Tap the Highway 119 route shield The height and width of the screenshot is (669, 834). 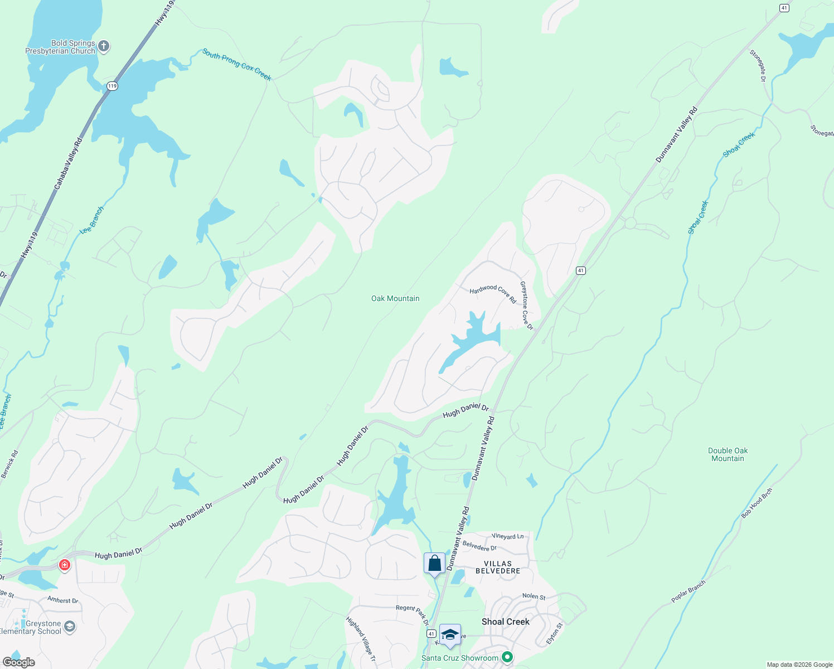(113, 86)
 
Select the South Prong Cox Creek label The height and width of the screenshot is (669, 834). (237, 65)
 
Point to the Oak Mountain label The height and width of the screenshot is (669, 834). (395, 299)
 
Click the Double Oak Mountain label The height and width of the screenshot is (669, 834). (728, 455)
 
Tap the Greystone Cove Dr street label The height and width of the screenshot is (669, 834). (526, 305)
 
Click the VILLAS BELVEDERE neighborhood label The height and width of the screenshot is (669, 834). (498, 568)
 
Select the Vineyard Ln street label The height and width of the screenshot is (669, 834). (508, 536)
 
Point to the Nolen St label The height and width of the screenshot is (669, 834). (534, 597)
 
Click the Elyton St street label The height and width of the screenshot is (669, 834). (555, 634)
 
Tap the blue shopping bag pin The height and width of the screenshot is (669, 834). (434, 564)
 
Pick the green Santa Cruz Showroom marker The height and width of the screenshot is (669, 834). (507, 658)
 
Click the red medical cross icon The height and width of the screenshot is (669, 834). (65, 565)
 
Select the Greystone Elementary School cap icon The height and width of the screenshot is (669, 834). (69, 627)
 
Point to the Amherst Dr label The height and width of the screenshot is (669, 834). (63, 600)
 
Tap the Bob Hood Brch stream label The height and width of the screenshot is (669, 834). (757, 503)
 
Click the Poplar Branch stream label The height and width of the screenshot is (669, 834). (688, 592)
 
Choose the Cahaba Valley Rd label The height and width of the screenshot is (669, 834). (68, 163)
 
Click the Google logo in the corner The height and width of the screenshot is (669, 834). (18, 662)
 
